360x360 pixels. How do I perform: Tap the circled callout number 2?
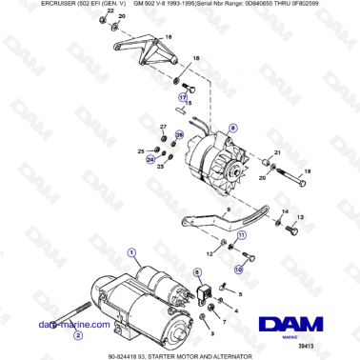(78, 334)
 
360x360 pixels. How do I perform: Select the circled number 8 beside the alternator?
(232, 129)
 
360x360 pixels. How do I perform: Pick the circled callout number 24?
(150, 160)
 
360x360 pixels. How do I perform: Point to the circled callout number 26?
(178, 136)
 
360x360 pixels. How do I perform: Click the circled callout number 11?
(242, 233)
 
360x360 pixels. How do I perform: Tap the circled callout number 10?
(238, 270)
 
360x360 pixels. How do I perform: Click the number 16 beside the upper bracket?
(169, 35)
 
